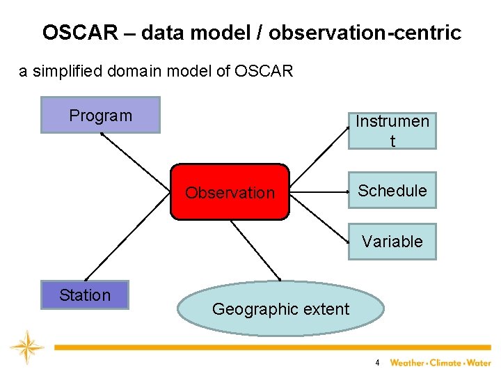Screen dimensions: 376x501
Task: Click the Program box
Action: [101, 115]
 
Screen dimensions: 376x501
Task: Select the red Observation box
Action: [230, 192]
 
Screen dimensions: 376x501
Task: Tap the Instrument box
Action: [392, 131]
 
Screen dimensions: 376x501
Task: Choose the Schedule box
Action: [392, 190]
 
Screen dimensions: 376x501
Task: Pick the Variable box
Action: [392, 242]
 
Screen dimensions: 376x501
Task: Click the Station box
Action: [85, 295]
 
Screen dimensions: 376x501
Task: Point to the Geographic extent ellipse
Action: [280, 308]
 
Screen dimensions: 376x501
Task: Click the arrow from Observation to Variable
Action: [319, 217]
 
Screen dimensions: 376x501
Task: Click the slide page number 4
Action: [377, 363]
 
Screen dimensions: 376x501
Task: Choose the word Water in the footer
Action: [480, 363]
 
